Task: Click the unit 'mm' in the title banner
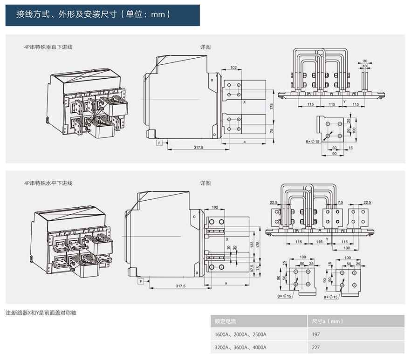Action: tap(158, 14)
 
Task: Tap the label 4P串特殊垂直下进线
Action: tap(48, 47)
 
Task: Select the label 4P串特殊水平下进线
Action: tap(48, 183)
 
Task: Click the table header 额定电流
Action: tap(225, 321)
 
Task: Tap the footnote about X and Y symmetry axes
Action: tap(41, 312)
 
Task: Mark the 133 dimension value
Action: tap(253, 244)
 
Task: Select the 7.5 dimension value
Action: tap(340, 203)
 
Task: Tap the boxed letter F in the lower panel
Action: tap(140, 282)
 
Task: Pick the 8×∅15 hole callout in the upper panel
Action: tap(313, 141)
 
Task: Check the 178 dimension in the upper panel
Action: tap(271, 107)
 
